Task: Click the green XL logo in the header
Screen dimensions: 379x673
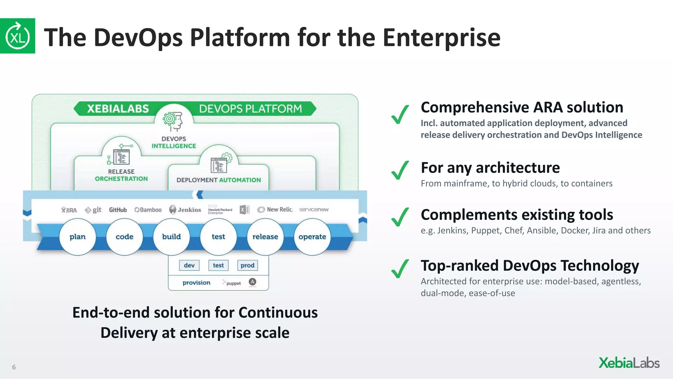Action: pyautogui.click(x=17, y=36)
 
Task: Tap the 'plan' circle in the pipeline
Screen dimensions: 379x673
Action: pyautogui.click(x=78, y=237)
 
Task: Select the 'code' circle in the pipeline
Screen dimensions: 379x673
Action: pyautogui.click(x=125, y=237)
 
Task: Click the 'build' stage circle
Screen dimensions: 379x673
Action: pyautogui.click(x=172, y=237)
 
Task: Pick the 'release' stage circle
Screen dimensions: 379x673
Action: pyautogui.click(x=265, y=237)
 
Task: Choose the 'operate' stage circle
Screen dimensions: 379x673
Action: pyautogui.click(x=312, y=237)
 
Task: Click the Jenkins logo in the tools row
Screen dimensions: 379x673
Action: pyautogui.click(x=185, y=210)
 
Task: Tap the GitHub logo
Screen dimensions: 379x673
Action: pyautogui.click(x=118, y=210)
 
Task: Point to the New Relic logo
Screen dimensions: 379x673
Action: pyautogui.click(x=275, y=210)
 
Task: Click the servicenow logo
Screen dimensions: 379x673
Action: pyautogui.click(x=313, y=210)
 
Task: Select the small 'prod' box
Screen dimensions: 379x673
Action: pyautogui.click(x=247, y=265)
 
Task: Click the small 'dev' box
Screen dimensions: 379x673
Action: pyautogui.click(x=189, y=265)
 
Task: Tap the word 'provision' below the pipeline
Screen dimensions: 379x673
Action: pyautogui.click(x=197, y=283)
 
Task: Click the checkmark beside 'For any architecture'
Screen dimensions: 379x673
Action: pyautogui.click(x=400, y=170)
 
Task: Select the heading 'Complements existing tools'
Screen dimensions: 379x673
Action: pyautogui.click(x=517, y=215)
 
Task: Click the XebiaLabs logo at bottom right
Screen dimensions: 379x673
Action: pyautogui.click(x=629, y=363)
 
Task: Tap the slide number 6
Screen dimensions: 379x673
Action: pyautogui.click(x=14, y=367)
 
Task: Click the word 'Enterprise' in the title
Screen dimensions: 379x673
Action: pyautogui.click(x=441, y=38)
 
